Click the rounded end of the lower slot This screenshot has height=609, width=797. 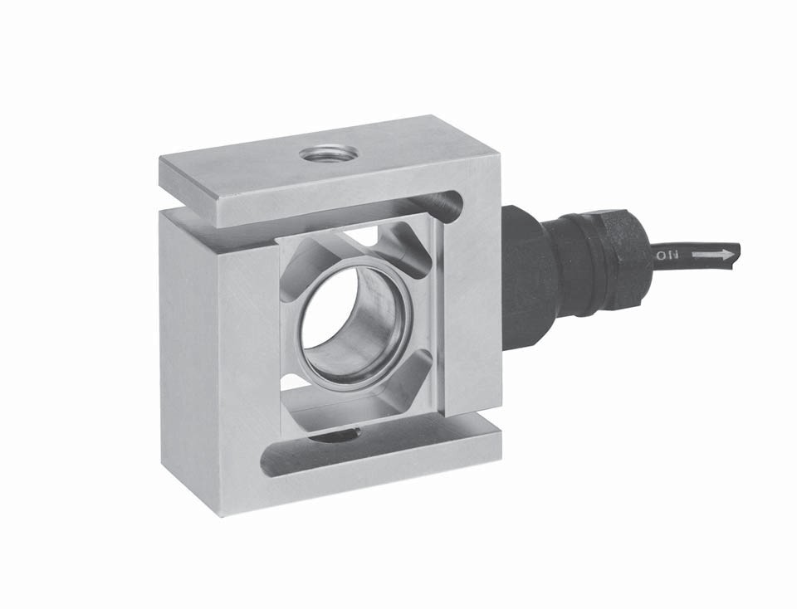click(269, 460)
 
